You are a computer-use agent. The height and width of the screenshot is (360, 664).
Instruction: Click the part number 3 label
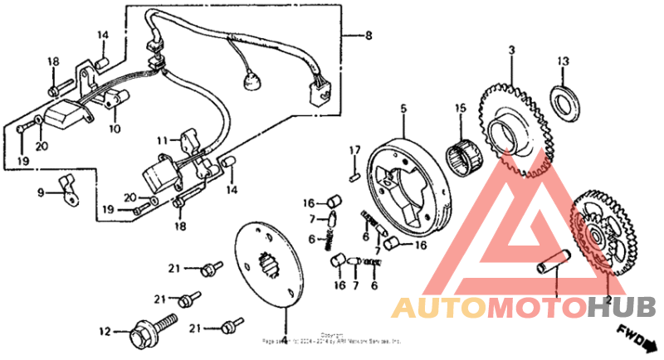pos(511,51)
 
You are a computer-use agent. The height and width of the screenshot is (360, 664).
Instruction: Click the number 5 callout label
pos(403,108)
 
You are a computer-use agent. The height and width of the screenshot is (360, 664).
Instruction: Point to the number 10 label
pos(114,129)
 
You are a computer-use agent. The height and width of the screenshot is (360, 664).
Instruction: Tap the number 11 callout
pos(164,139)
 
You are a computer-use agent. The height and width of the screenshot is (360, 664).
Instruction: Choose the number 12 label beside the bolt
pos(105,332)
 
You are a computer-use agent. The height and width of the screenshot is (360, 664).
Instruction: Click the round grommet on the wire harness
pos(246,83)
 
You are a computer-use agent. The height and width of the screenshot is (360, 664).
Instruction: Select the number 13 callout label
pos(564,61)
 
